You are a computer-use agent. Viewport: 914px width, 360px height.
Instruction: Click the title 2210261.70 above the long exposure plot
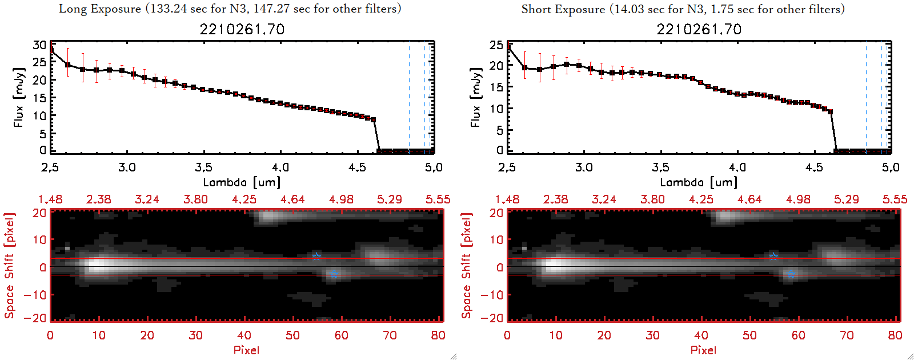pos(242,29)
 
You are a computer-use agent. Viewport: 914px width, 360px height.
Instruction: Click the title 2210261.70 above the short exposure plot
pos(699,29)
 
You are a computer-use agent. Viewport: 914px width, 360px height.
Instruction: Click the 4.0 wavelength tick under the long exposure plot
pos(280,167)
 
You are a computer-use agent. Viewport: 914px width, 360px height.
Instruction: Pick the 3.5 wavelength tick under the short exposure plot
pos(661,167)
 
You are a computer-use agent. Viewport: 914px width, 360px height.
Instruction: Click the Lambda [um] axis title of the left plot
pos(242,182)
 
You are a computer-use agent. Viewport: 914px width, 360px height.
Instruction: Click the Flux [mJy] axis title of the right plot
pos(476,97)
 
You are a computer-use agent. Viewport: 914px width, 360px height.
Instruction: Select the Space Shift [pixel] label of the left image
pos(9,266)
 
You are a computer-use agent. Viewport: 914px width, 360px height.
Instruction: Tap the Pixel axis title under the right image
pos(703,350)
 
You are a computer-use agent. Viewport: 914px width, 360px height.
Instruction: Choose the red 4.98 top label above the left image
pos(341,199)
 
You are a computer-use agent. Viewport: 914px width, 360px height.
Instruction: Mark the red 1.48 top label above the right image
pos(507,199)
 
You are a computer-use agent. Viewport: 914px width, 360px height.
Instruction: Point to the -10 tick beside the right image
pos(492,295)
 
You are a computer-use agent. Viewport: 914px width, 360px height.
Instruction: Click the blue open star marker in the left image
pos(316,257)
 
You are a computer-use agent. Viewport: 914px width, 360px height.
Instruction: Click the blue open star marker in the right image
pos(773,257)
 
